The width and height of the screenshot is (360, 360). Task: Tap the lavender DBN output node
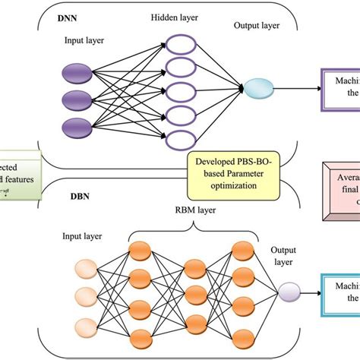(x=289, y=291)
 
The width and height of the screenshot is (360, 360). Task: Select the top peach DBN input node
(x=84, y=268)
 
